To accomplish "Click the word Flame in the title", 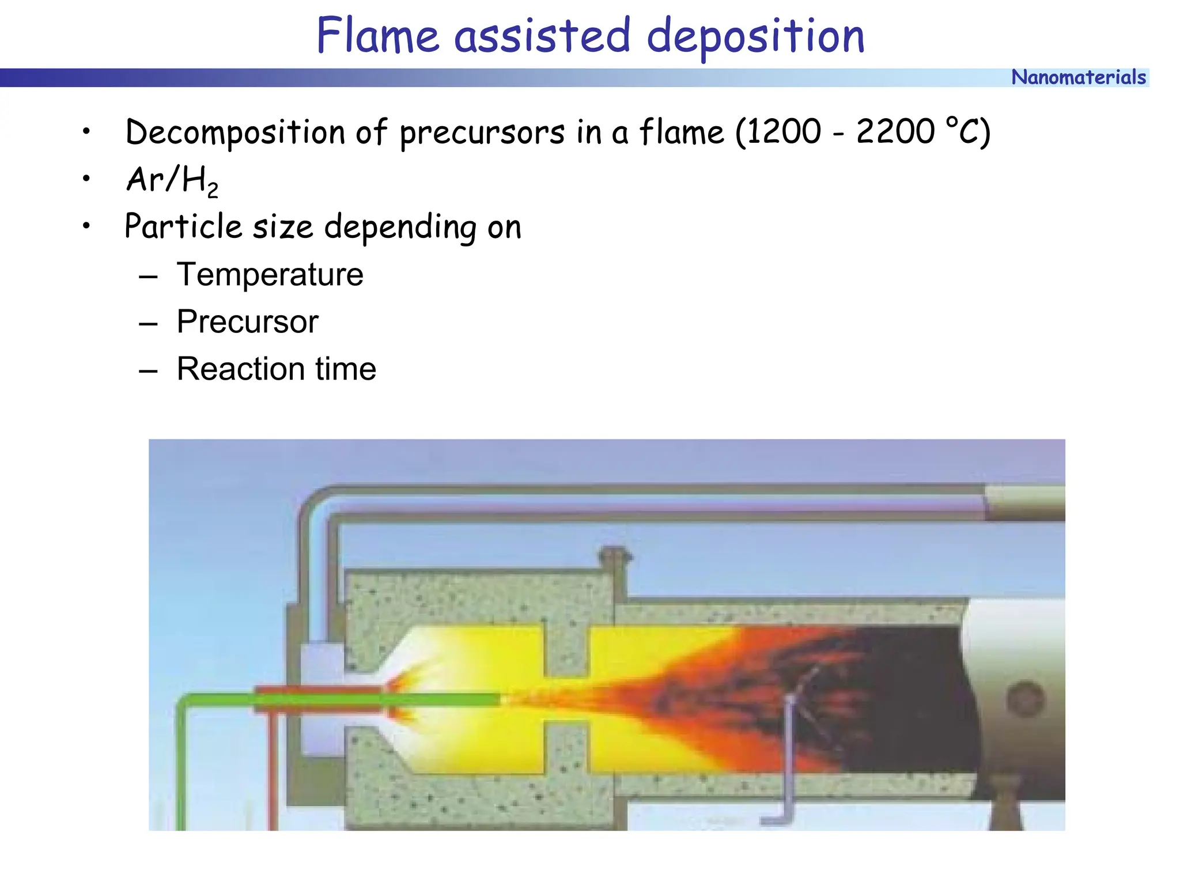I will [x=377, y=36].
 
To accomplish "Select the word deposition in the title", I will [x=755, y=36].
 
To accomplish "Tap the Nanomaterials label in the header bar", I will [x=1078, y=77].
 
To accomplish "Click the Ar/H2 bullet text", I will [x=172, y=180].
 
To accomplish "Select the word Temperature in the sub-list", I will [x=270, y=274].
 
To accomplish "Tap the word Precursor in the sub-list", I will [x=247, y=321].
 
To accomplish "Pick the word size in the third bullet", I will [x=283, y=226].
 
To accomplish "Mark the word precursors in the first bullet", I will [x=482, y=132].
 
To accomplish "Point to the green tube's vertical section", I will [x=181, y=772].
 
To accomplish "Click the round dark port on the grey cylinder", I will [x=1025, y=699].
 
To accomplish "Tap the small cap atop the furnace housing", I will [x=615, y=557].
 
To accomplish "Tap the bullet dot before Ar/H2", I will [x=86, y=179].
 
